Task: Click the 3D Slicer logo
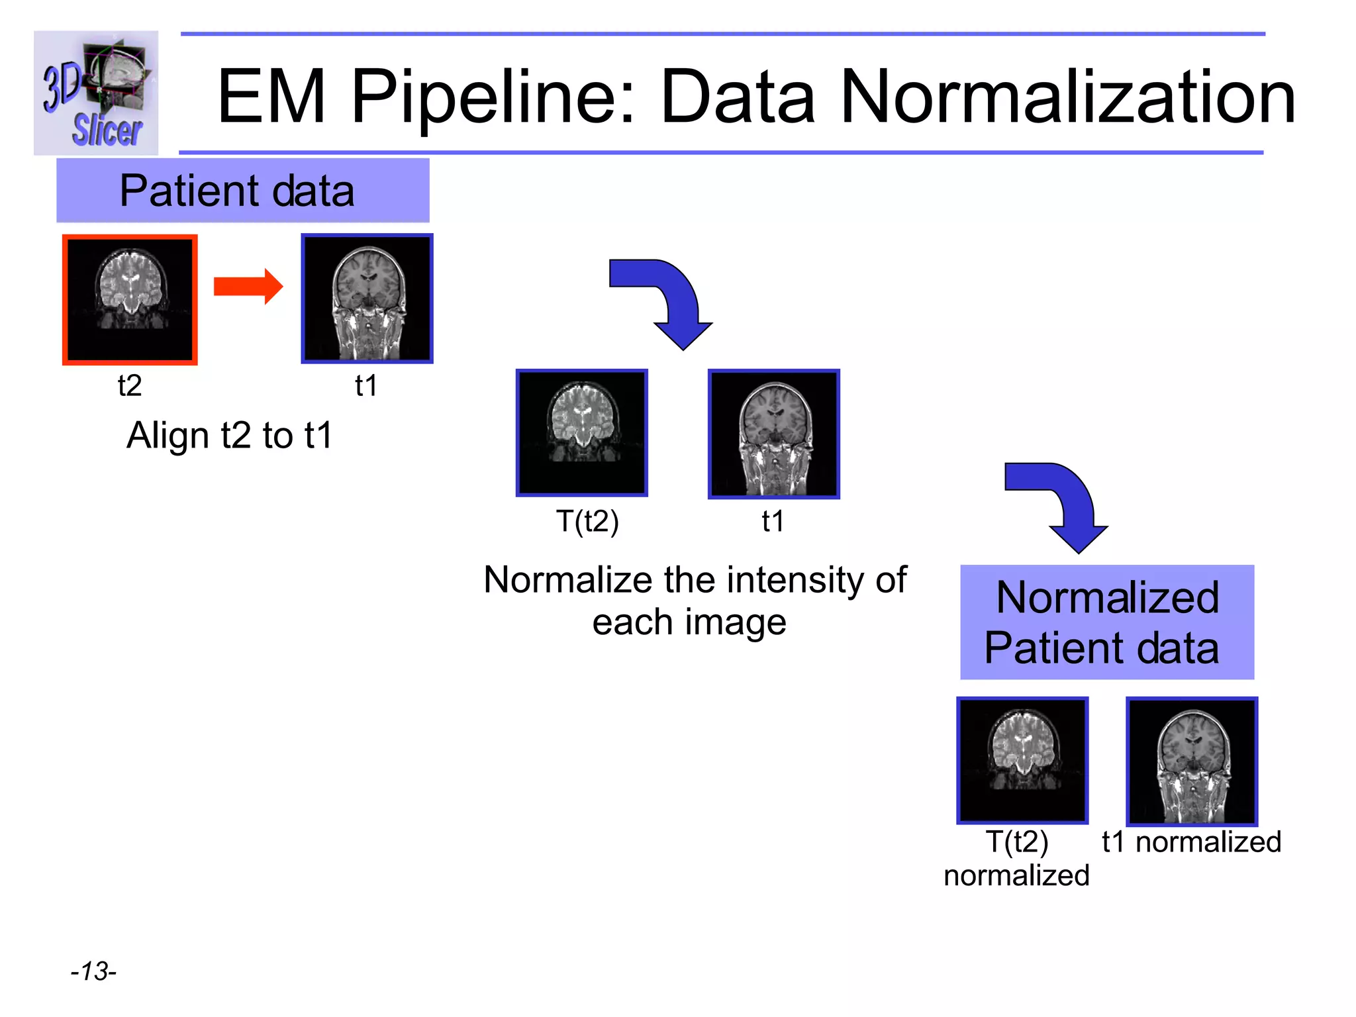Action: coord(96,93)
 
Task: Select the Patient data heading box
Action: coord(242,191)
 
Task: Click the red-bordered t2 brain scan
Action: coord(130,300)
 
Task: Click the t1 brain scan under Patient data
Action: coord(367,299)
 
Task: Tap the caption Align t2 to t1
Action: coord(229,436)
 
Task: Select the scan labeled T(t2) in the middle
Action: coord(581,433)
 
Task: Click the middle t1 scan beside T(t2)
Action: coord(773,434)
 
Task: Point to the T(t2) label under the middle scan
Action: coord(587,522)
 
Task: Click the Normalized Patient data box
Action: coord(1107,622)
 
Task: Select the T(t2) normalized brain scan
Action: coord(1022,760)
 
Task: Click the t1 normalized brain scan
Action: coord(1192,761)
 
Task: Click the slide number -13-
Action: coord(93,971)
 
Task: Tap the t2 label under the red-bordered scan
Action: coord(130,385)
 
